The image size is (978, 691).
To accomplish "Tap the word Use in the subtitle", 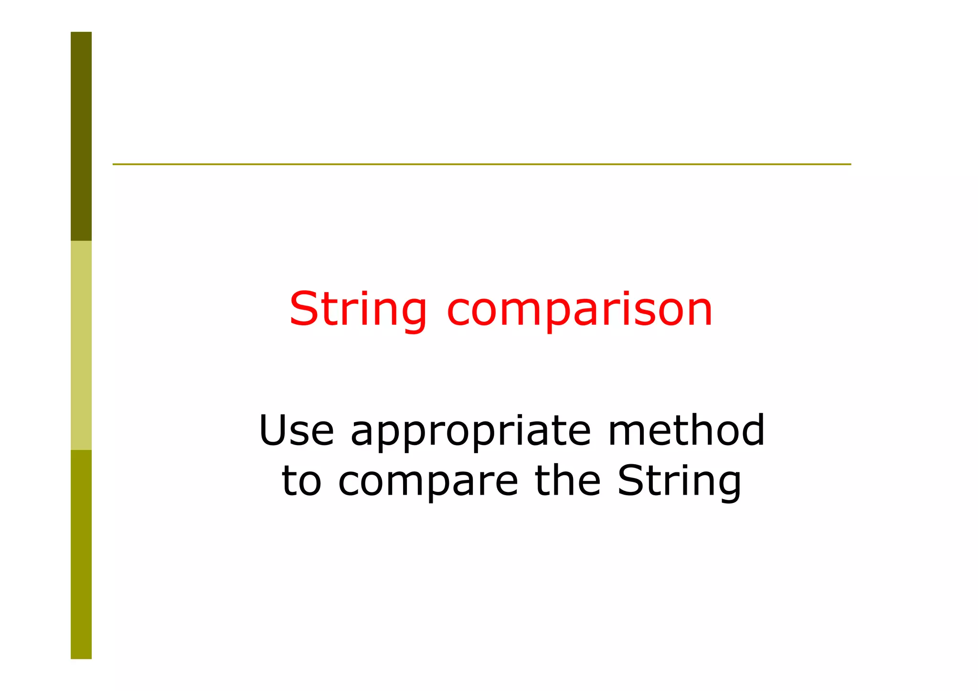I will [296, 430].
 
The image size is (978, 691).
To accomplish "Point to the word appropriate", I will [470, 432].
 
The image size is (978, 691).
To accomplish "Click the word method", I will [686, 430].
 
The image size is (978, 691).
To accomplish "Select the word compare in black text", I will [428, 482].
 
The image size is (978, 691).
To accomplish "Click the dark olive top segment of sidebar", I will [81, 136].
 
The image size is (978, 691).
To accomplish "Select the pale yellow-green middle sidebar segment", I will [81, 345].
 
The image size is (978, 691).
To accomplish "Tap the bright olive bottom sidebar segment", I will [81, 554].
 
